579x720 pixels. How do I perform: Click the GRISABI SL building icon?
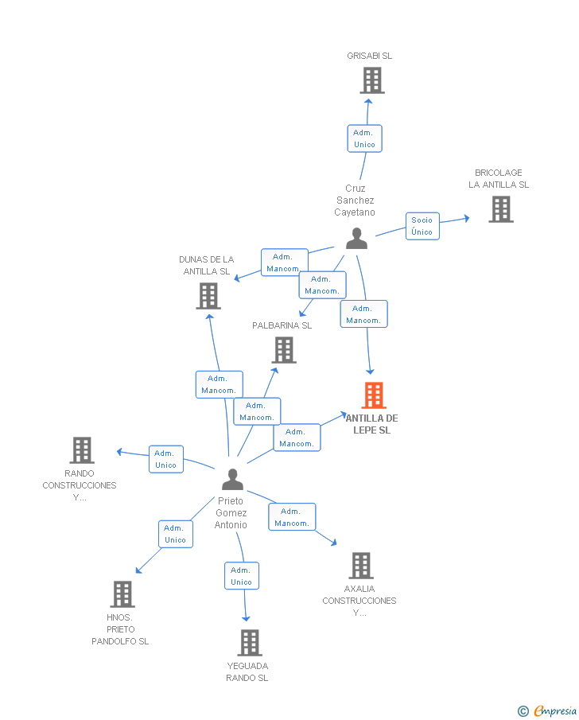click(x=371, y=80)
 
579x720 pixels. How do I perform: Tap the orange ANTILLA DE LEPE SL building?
click(x=373, y=395)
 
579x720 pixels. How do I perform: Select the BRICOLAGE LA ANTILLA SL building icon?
click(x=500, y=209)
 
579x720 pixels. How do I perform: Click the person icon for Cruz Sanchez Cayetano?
click(x=356, y=239)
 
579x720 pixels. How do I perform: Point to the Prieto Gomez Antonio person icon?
click(x=232, y=480)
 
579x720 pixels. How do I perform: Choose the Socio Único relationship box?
click(x=422, y=226)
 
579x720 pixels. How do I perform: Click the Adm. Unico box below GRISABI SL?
click(x=364, y=138)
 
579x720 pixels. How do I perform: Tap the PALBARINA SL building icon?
click(x=284, y=350)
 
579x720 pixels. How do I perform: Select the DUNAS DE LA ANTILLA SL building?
click(x=208, y=296)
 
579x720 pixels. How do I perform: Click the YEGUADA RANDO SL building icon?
click(x=250, y=643)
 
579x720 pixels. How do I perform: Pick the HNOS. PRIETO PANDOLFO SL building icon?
click(x=122, y=594)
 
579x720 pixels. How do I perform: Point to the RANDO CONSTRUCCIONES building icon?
click(x=82, y=450)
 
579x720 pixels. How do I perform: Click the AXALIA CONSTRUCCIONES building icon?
click(x=360, y=566)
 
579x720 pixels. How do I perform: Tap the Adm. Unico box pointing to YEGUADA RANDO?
click(x=241, y=576)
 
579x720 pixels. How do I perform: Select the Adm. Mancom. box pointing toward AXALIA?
click(x=292, y=517)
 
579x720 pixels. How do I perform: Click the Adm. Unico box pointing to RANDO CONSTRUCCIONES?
click(x=166, y=459)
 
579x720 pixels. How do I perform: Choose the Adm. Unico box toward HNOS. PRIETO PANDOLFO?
click(x=175, y=534)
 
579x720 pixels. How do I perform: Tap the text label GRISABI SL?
click(x=369, y=56)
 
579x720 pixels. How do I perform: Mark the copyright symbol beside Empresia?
click(x=523, y=710)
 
